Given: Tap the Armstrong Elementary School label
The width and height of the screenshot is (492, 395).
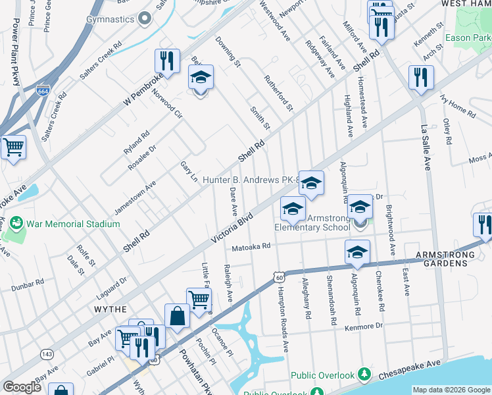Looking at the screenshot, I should [x=312, y=223].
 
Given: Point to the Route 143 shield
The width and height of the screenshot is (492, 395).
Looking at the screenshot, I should [x=47, y=354].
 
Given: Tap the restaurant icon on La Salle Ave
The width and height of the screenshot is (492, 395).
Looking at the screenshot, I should [x=421, y=78].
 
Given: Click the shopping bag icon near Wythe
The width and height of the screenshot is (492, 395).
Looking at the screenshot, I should [x=177, y=316].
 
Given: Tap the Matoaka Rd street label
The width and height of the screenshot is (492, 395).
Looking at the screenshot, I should [x=251, y=247].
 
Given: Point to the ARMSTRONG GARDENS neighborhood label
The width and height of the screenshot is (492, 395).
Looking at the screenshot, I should [x=450, y=258].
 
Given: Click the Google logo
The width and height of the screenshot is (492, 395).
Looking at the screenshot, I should [x=22, y=387].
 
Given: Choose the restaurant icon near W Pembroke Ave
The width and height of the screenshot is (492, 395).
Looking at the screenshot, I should [x=167, y=62].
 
